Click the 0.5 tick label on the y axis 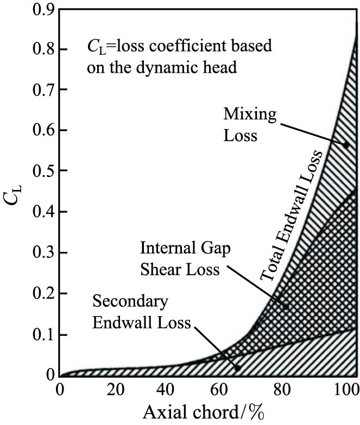(44, 171)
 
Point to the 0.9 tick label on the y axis (44, 9)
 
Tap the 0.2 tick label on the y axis (44, 294)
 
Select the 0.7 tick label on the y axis (44, 89)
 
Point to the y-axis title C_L (15, 193)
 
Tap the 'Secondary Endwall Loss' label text (141, 312)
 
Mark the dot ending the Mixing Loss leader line (346, 145)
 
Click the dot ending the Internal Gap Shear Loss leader (286, 307)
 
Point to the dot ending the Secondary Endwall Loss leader (238, 367)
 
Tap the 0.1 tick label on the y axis (44, 334)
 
